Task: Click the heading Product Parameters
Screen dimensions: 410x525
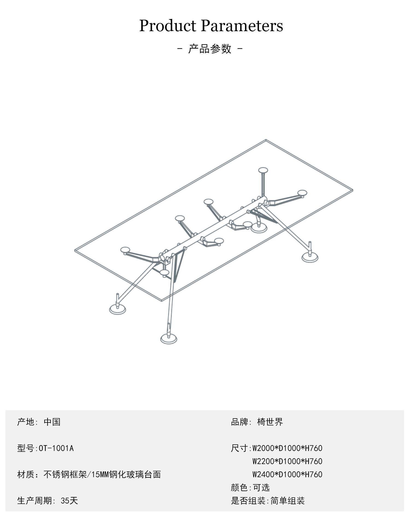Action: pos(211,26)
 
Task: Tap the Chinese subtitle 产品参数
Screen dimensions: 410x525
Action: pos(210,49)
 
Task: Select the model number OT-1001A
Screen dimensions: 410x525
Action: pos(56,448)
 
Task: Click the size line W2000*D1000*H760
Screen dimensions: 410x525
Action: pos(287,448)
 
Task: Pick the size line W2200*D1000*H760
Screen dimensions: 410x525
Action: pos(287,461)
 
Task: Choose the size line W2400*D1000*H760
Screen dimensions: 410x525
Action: pos(287,474)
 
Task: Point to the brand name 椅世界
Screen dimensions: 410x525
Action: pos(270,422)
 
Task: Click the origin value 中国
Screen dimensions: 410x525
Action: pos(52,422)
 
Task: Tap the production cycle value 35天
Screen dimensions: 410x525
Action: pos(69,501)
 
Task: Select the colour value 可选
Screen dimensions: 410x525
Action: pos(262,488)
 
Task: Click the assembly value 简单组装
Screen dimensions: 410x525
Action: pos(288,501)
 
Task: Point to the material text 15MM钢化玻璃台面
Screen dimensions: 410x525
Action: pos(126,474)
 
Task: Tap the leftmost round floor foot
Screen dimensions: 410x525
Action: pos(118,309)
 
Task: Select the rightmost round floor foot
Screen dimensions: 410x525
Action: pos(310,257)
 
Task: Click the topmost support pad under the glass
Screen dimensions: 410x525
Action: pos(263,170)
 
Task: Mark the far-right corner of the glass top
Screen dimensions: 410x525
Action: pos(353,190)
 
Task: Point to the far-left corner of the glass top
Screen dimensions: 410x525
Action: pos(75,250)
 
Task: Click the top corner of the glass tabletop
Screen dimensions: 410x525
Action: pos(266,140)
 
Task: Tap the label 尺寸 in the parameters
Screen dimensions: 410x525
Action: pos(239,448)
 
